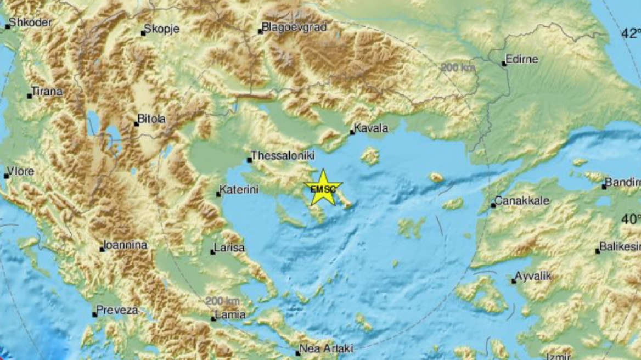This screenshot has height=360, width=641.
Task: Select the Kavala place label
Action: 371,128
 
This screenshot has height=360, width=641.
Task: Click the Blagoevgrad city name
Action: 294,26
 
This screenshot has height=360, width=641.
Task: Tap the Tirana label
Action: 47,92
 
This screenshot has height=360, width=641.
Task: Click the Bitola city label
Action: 151,119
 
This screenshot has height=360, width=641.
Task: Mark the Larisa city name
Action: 229,248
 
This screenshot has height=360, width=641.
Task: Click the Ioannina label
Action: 126,245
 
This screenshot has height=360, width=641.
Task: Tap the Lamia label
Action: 230,315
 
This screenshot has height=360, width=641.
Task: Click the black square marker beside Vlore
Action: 6,176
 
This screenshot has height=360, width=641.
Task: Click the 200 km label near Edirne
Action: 457,68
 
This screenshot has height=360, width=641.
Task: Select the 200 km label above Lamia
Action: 223,301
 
